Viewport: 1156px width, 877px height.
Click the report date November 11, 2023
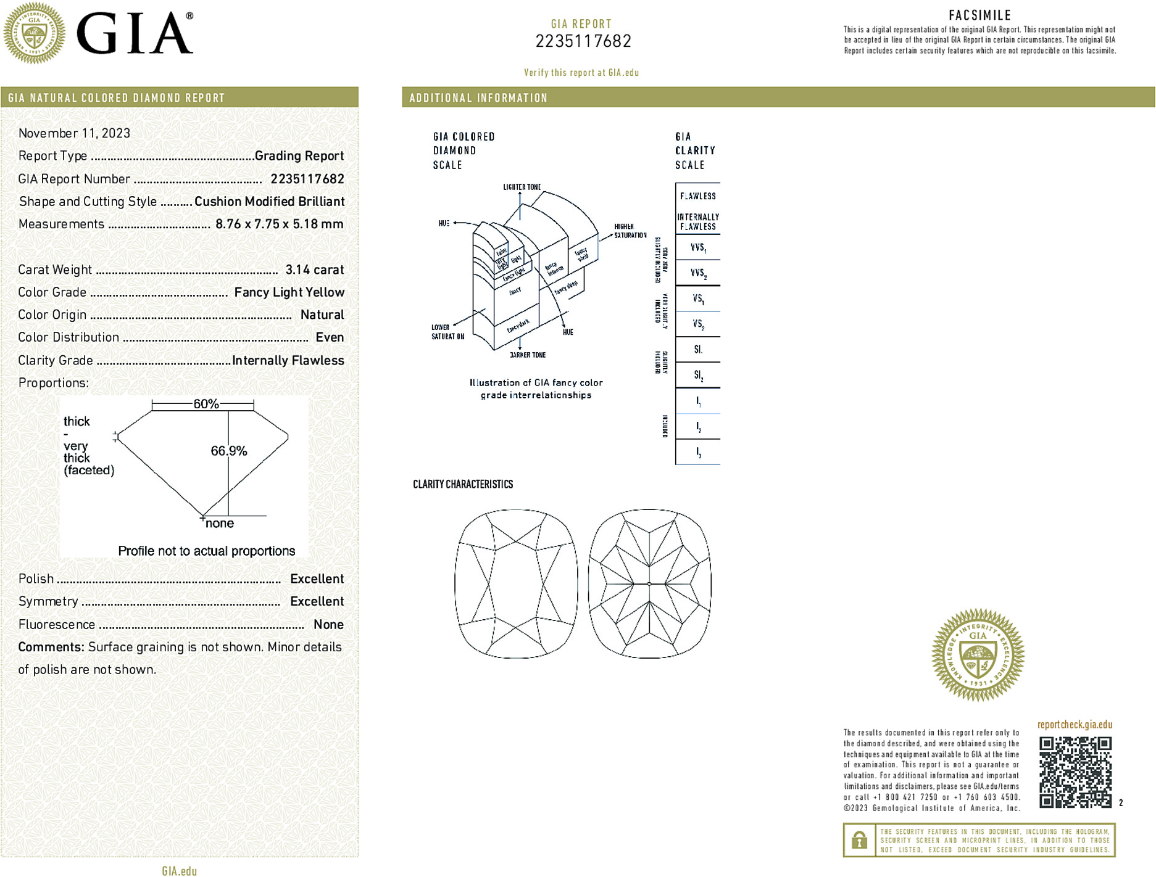(74, 133)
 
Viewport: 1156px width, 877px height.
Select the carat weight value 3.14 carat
(314, 270)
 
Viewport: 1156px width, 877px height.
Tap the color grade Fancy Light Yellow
(289, 292)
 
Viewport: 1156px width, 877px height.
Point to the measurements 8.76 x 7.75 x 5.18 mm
(279, 224)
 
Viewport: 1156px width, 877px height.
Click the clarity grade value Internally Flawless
(288, 360)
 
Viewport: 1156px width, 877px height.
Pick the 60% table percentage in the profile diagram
(206, 404)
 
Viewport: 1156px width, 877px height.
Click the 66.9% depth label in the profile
(229, 451)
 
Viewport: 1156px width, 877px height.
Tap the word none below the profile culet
(220, 524)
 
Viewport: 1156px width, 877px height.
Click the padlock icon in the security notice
(859, 840)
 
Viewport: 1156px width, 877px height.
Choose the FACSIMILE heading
(979, 15)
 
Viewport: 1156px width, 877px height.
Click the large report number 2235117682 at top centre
(583, 41)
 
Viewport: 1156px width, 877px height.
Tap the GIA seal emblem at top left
(35, 33)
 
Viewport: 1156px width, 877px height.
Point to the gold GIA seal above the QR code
(978, 654)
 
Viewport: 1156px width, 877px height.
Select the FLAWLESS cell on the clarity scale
(697, 196)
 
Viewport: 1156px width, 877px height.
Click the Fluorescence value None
(328, 624)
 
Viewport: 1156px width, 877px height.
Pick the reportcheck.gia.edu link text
(1075, 725)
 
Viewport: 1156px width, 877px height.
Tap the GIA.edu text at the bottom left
(180, 871)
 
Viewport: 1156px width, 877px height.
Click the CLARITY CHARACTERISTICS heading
(463, 484)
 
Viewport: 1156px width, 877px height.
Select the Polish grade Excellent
(317, 578)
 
